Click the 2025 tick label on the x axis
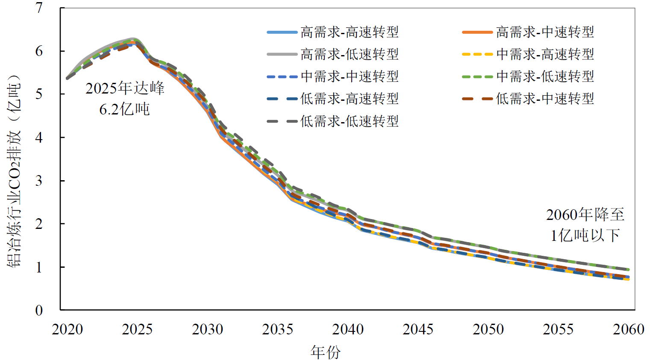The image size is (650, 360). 137,329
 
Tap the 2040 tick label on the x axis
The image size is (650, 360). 348,329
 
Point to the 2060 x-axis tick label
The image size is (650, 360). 628,329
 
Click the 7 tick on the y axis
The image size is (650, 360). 39,8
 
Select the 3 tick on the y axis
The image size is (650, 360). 39,181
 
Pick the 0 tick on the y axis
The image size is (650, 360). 39,310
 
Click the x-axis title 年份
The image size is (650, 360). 326,352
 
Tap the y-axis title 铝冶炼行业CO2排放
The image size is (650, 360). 14,171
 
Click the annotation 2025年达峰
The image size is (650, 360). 125,88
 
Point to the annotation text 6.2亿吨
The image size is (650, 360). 124,109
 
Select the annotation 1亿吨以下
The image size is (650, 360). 585,235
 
